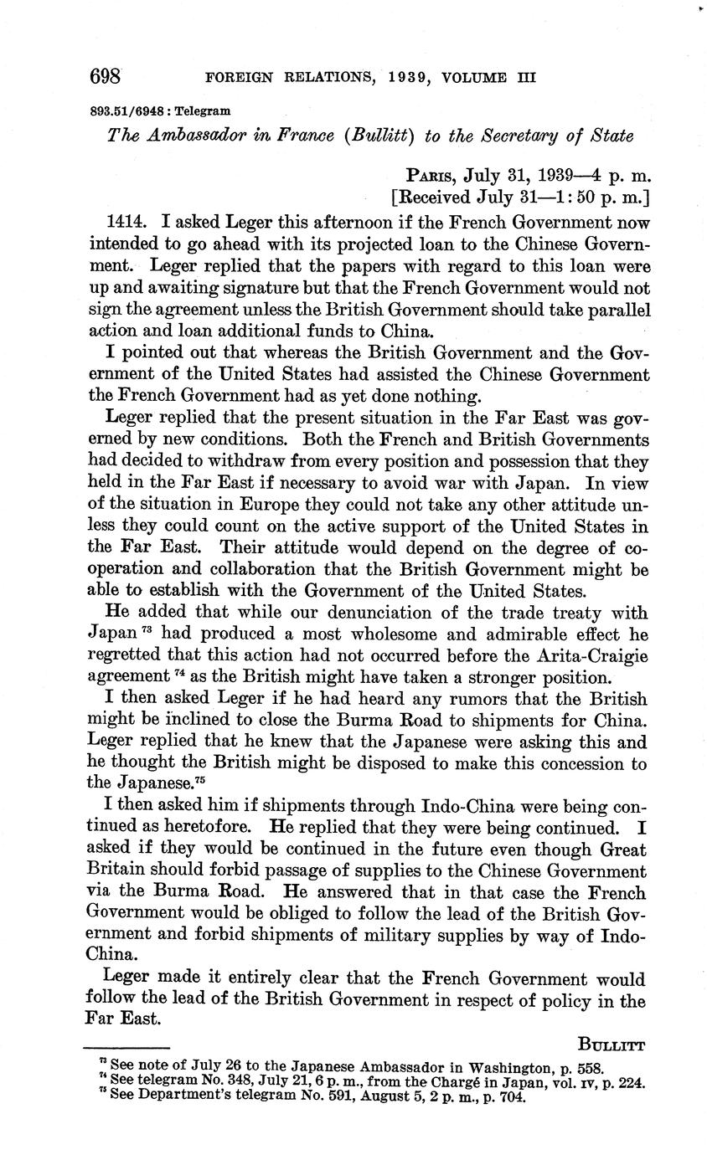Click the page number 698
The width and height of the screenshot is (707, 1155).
[x=106, y=78]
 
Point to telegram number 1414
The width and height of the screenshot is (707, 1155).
[x=127, y=223]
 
